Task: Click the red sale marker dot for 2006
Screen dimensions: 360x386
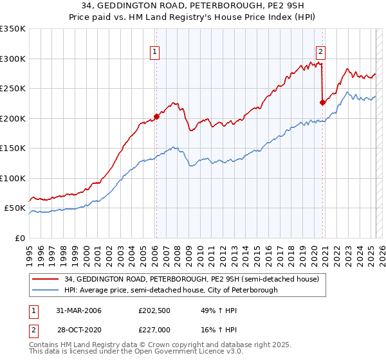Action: point(156,117)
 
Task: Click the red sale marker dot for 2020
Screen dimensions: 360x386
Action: point(323,102)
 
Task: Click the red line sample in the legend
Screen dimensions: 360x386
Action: point(46,279)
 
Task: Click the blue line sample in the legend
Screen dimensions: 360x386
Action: point(46,290)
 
